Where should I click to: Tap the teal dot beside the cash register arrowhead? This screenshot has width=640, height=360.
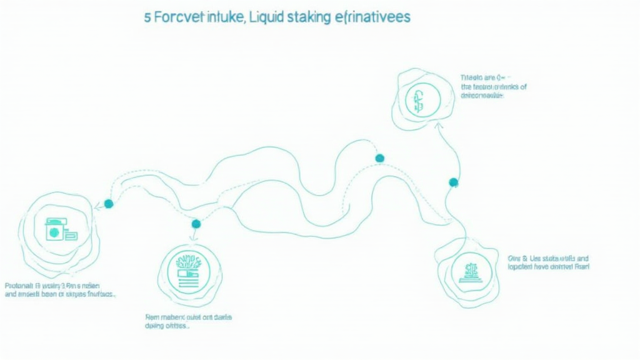(109, 204)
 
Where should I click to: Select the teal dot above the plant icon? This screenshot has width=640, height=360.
(196, 224)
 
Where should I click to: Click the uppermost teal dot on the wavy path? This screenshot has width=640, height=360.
(379, 158)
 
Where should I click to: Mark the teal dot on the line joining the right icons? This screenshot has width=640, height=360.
(454, 182)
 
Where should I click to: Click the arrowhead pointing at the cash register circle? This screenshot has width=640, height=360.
(97, 207)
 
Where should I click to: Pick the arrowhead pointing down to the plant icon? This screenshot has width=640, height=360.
(193, 237)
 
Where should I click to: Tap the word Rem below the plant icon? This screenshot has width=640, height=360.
(152, 317)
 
